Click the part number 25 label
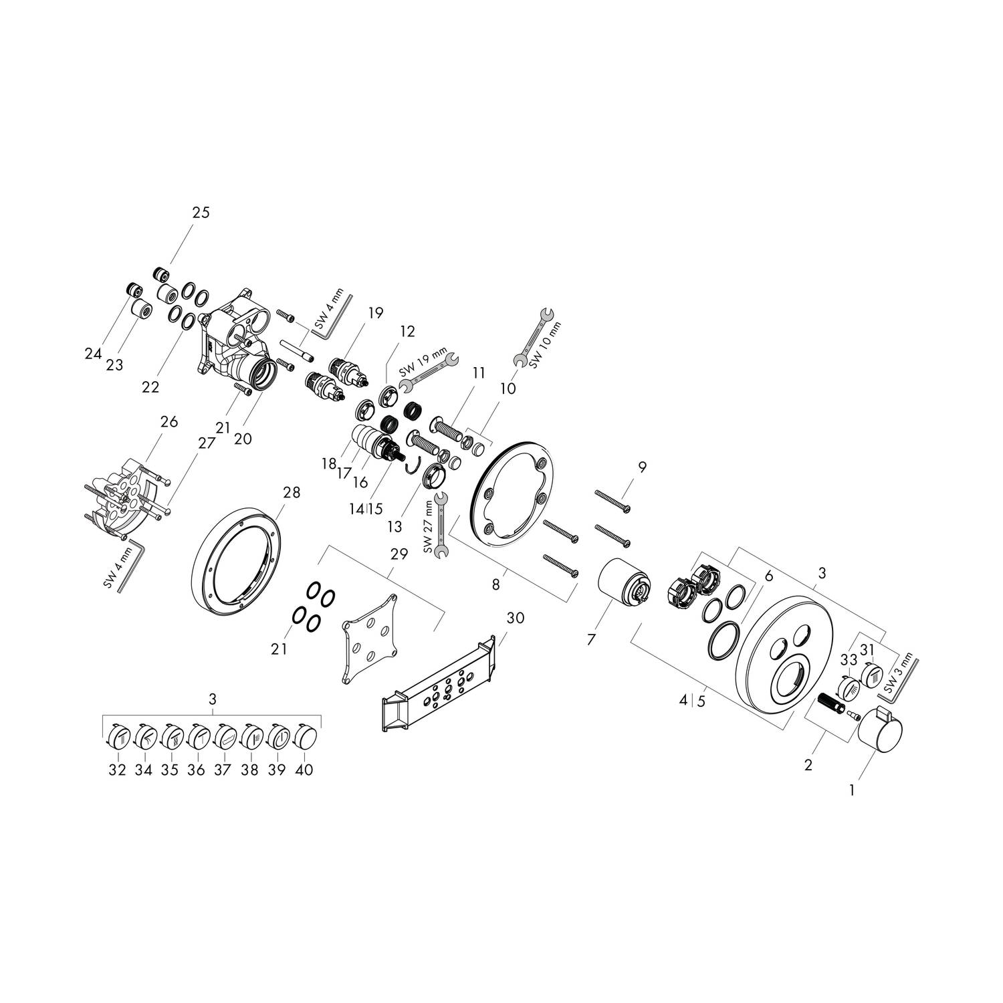pos(201,213)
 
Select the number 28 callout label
pos(292,493)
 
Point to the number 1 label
pos(852,790)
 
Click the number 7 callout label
pos(590,640)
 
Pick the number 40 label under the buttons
pos(304,770)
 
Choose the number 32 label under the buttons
pos(117,770)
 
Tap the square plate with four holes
pos(370,637)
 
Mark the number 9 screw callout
pos(642,467)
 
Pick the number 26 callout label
pos(169,422)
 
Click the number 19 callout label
pos(376,312)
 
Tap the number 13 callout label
pos(395,527)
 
